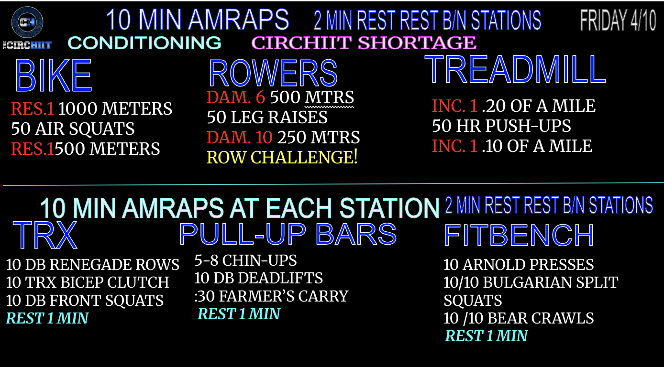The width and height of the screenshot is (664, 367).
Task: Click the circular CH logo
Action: (x=27, y=22)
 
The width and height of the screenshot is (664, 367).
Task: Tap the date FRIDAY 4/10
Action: (x=618, y=20)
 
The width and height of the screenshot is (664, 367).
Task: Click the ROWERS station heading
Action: (x=273, y=73)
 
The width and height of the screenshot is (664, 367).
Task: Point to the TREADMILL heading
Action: (x=515, y=69)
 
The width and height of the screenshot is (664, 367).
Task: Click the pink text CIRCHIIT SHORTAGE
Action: (x=364, y=43)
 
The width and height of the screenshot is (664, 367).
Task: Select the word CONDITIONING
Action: (x=144, y=43)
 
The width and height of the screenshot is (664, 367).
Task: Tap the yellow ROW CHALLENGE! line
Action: (x=282, y=157)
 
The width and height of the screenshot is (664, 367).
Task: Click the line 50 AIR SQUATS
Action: (x=73, y=129)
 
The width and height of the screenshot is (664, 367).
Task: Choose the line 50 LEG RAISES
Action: (x=267, y=117)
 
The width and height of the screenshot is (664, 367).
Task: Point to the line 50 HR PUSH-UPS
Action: (x=501, y=126)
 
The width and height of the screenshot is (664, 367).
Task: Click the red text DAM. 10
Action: (x=240, y=138)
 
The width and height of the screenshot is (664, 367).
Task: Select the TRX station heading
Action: (x=45, y=235)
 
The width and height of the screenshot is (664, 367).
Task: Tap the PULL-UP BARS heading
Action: (x=288, y=234)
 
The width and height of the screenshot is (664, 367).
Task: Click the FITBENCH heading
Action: (x=519, y=236)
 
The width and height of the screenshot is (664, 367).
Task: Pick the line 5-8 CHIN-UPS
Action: (x=245, y=260)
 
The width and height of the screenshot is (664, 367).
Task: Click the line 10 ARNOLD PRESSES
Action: (x=519, y=265)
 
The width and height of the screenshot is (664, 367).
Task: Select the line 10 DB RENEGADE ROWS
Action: (x=92, y=265)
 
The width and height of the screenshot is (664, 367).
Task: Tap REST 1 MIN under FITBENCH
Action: (x=486, y=336)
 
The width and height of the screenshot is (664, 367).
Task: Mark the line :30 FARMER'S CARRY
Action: (x=271, y=296)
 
